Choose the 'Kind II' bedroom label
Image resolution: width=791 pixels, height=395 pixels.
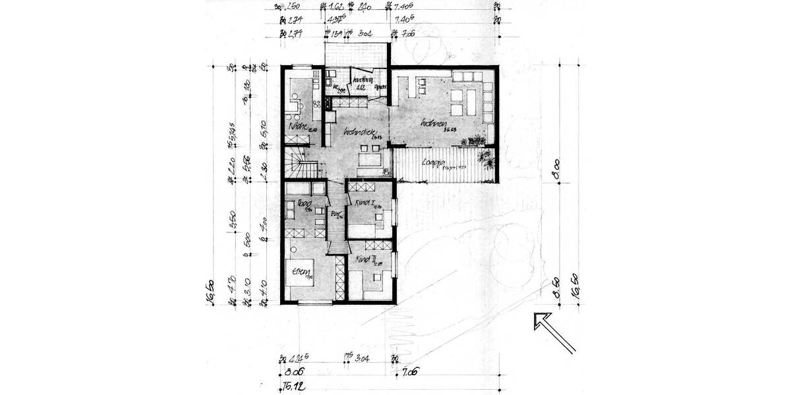365,260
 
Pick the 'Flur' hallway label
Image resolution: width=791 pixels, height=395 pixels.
334,213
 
